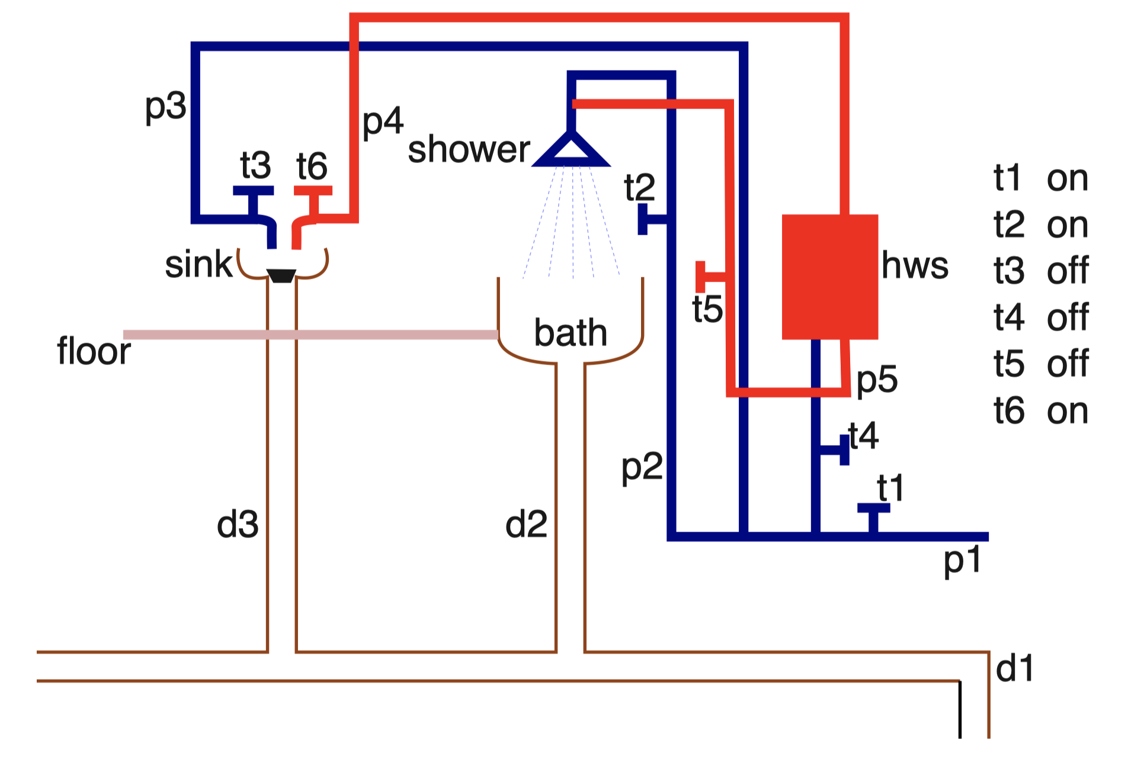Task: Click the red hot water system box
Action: (829, 277)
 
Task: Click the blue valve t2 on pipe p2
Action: (643, 219)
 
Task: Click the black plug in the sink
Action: (281, 276)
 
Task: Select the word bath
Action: (570, 333)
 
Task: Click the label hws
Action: (914, 265)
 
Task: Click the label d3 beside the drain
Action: (238, 525)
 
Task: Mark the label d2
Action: (526, 525)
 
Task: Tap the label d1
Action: (1014, 669)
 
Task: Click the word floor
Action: (94, 351)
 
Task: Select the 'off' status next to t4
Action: (1067, 318)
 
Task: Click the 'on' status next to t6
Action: (1067, 411)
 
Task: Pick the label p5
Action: (877, 380)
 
